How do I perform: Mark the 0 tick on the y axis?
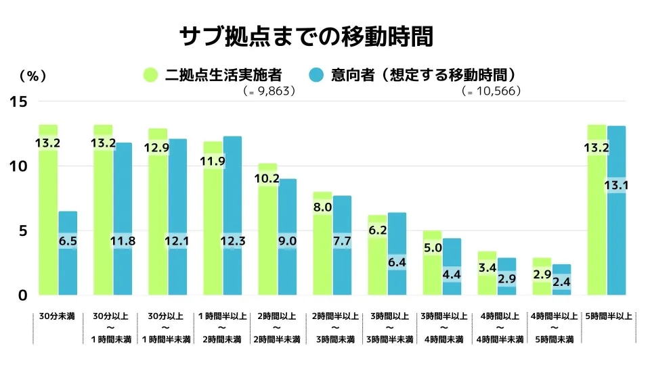tap(22, 295)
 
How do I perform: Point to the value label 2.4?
tap(562, 282)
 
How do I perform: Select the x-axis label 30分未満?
tap(58, 316)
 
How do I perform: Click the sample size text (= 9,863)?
tap(269, 91)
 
